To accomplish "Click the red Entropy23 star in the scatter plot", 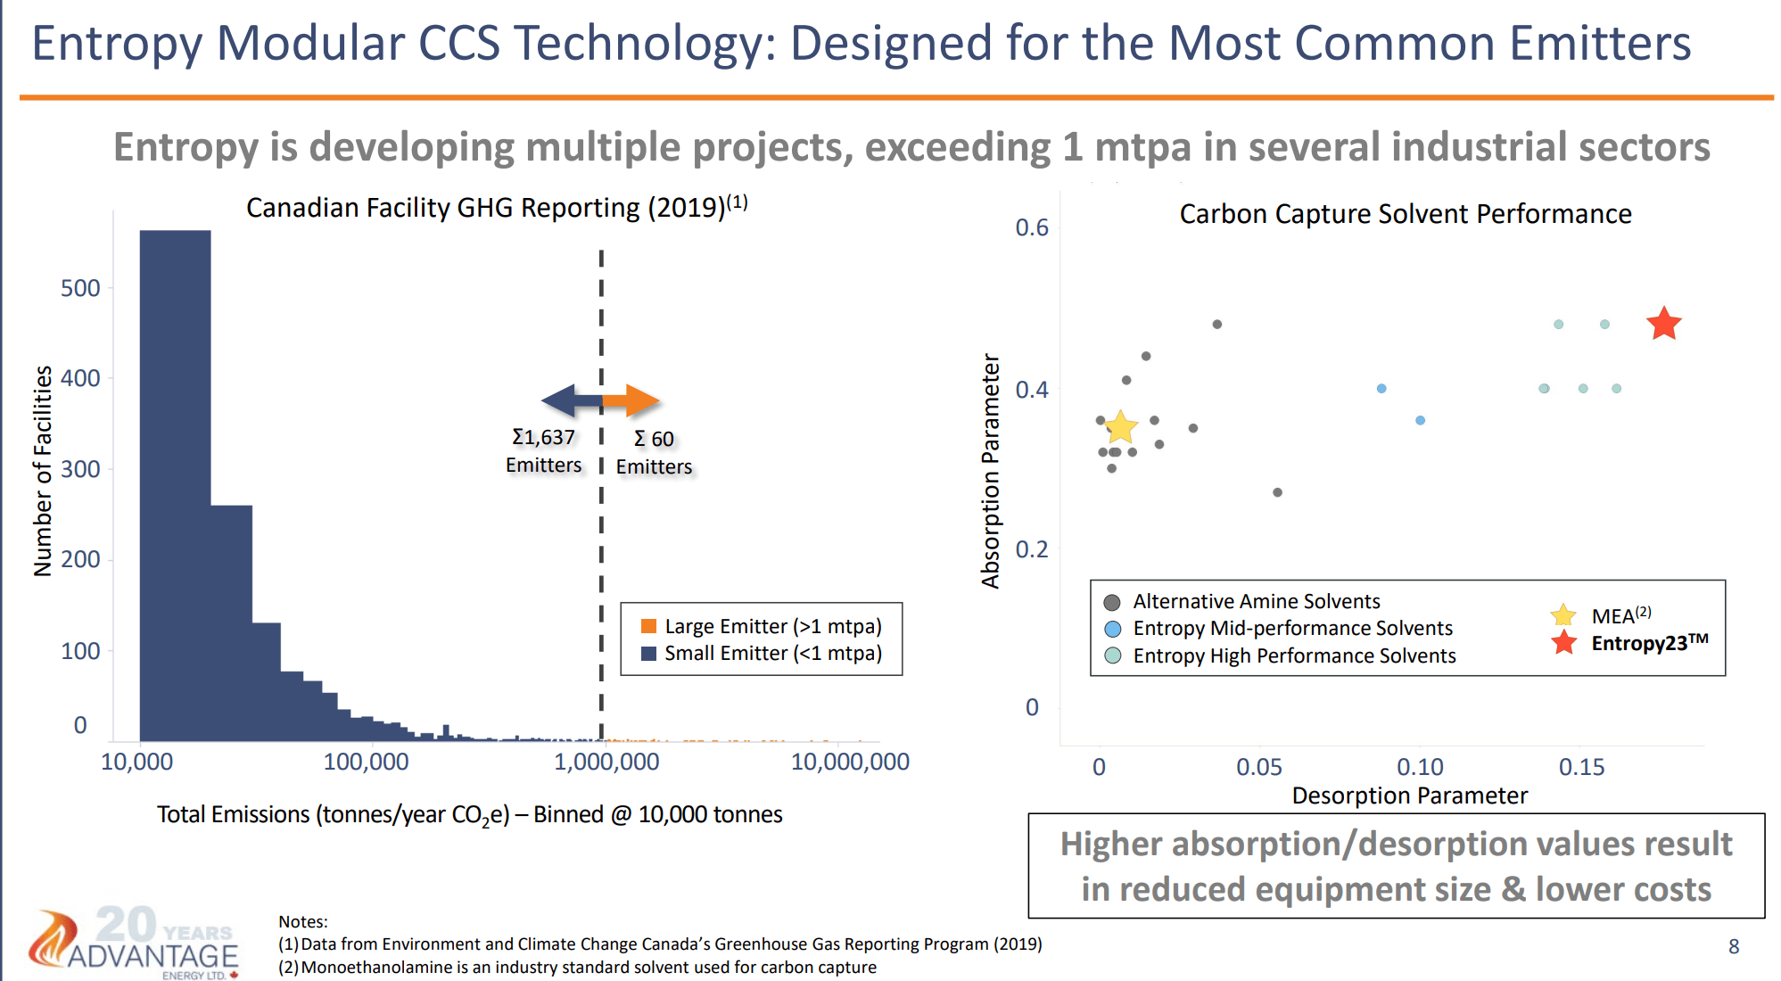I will [x=1663, y=324].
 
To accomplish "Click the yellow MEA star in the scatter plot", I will [x=1120, y=428].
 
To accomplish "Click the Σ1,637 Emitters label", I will [x=543, y=450].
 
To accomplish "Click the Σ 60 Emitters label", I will [x=654, y=452].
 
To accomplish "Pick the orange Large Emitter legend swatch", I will [x=649, y=626].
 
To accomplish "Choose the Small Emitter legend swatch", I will [x=649, y=654].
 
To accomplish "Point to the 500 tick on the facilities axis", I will [x=80, y=288].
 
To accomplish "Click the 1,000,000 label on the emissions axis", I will [x=606, y=762].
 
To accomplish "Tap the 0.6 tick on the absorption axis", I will [x=1032, y=227].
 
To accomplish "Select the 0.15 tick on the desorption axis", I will [x=1581, y=767].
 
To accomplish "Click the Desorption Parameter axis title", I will [x=1409, y=796].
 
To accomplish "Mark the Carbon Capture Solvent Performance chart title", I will [x=1406, y=214].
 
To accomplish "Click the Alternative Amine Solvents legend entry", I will [x=1256, y=601].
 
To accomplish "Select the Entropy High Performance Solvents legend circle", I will [x=1112, y=655].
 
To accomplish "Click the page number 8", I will [x=1734, y=946].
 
